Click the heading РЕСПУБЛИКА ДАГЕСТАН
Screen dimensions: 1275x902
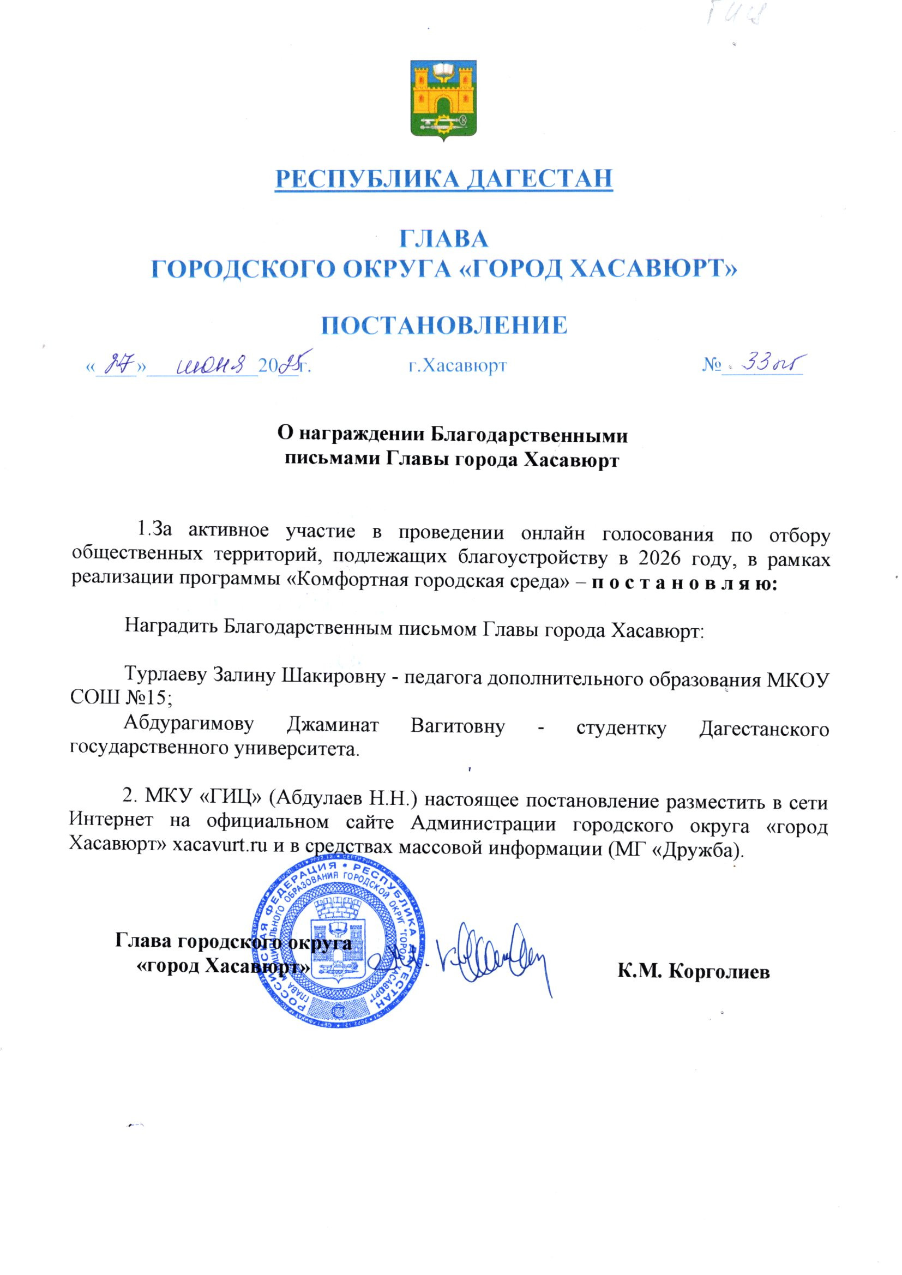click(444, 178)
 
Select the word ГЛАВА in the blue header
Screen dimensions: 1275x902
click(444, 238)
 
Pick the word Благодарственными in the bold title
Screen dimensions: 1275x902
click(530, 435)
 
